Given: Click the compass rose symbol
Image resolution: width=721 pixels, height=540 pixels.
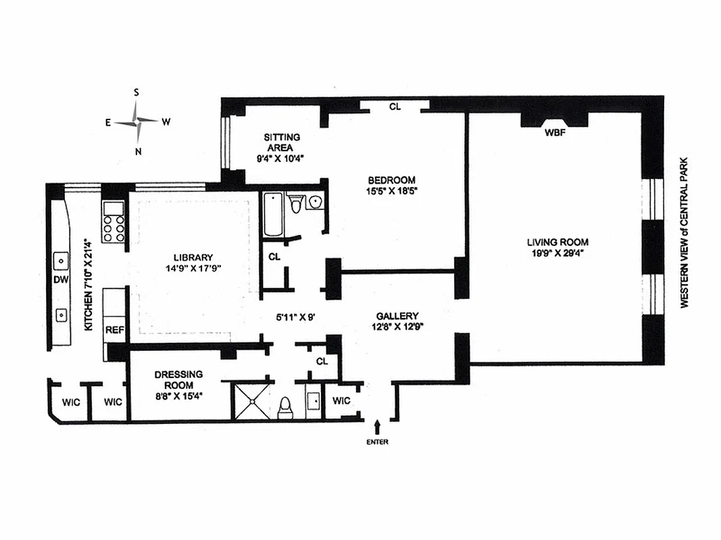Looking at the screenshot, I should tap(138, 122).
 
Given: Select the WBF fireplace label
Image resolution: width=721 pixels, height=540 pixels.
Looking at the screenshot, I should tap(555, 133).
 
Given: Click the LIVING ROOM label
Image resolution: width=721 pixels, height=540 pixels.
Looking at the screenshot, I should tap(557, 242).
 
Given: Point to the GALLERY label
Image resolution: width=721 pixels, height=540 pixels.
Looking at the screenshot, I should tap(397, 316).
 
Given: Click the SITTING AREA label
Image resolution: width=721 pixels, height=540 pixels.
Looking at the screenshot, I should tap(282, 142).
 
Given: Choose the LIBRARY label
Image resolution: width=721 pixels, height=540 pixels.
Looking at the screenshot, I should tap(193, 257).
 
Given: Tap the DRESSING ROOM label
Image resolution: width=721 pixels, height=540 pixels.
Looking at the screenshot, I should tap(179, 380).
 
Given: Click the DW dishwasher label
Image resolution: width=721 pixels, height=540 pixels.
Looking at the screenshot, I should tap(61, 280).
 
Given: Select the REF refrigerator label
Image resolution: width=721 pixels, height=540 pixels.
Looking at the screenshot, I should tap(114, 330).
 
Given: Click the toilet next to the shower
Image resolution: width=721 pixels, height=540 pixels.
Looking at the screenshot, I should tap(285, 407).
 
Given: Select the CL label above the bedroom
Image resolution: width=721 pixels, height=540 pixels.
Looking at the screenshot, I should tap(395, 107).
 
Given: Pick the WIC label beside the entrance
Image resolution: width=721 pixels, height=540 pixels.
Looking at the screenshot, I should tap(342, 400).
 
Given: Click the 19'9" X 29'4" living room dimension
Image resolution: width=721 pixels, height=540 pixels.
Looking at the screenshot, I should tap(557, 254).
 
